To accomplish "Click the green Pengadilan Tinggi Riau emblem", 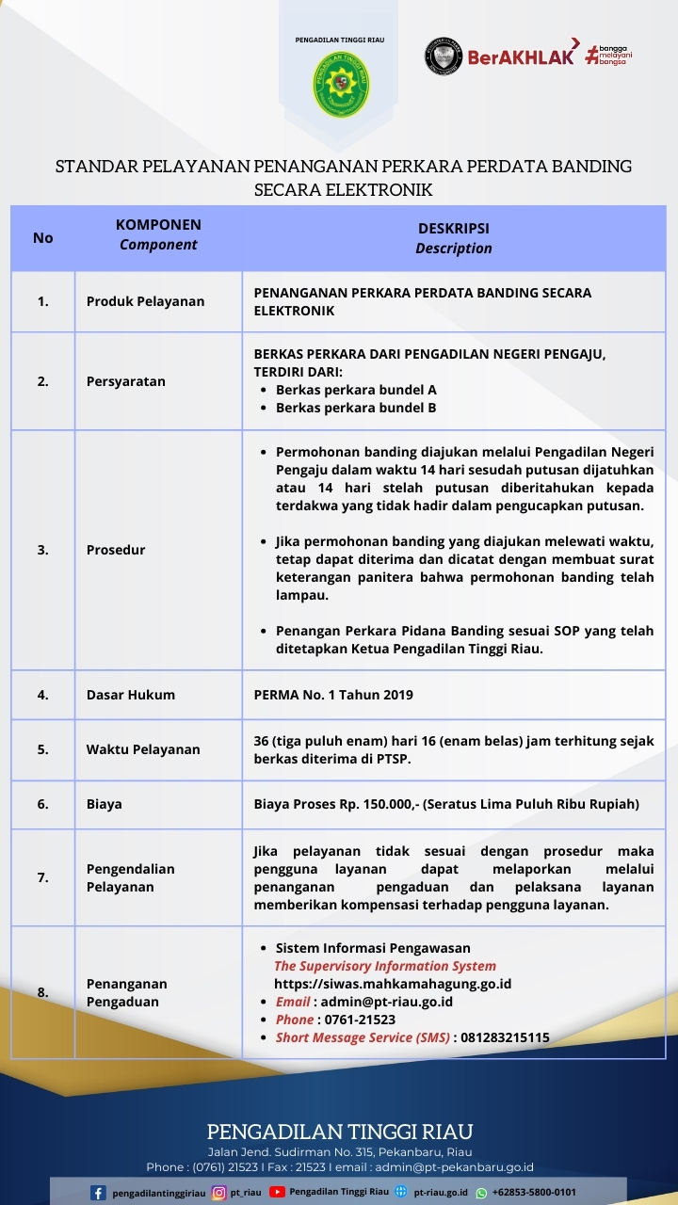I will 341,84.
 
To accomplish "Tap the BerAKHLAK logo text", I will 521,56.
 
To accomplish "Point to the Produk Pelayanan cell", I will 145,301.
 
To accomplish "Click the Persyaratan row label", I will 126,381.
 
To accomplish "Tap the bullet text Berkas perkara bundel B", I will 355,408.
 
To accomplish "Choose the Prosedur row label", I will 116,550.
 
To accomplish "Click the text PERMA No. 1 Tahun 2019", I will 333,695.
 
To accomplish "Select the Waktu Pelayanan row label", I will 143,749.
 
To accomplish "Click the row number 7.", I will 42,877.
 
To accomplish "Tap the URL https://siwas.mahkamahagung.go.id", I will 393,984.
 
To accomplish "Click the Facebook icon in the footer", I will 98,1193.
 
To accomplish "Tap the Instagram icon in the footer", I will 218,1193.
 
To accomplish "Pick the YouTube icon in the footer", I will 277,1192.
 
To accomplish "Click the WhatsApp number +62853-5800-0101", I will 534,1193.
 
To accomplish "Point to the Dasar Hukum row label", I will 131,695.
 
